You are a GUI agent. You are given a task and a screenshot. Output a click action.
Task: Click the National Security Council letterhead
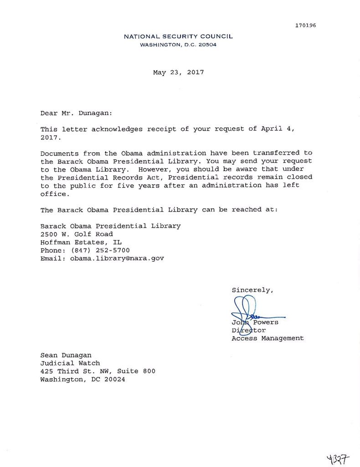(178, 36)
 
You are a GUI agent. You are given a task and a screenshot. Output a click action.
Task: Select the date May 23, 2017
(178, 72)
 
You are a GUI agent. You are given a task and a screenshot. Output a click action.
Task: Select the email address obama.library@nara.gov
(117, 258)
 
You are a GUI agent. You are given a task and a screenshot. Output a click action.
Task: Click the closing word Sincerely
(253, 289)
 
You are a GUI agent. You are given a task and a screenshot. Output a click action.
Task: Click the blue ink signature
(248, 310)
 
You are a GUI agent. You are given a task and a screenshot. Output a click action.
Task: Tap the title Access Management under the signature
(267, 338)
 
